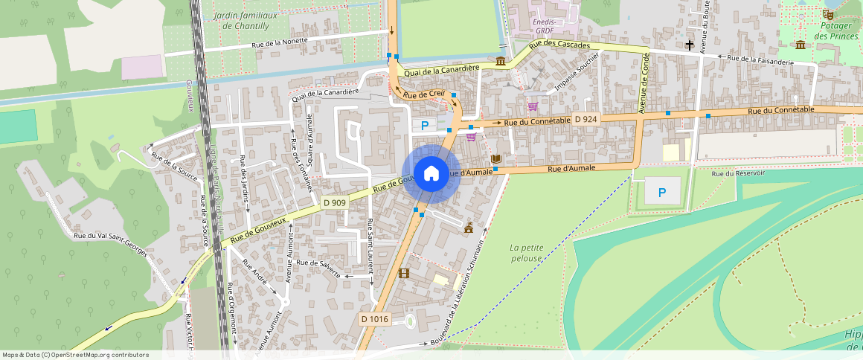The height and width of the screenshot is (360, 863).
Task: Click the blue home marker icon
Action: point(431,174)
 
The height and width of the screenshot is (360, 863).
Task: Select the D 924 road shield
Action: point(586,119)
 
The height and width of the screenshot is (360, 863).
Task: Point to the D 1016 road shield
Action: point(374,319)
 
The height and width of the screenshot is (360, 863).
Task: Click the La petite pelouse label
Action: point(527,253)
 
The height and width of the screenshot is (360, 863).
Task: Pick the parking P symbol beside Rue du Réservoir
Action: point(661,193)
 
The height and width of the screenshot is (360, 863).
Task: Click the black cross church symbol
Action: point(690,45)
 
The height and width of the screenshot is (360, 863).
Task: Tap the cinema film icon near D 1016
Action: point(403,273)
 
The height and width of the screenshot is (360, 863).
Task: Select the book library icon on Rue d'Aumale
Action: point(495,159)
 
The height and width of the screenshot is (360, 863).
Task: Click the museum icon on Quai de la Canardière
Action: point(501,60)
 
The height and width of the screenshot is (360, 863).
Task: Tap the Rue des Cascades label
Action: point(559,45)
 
